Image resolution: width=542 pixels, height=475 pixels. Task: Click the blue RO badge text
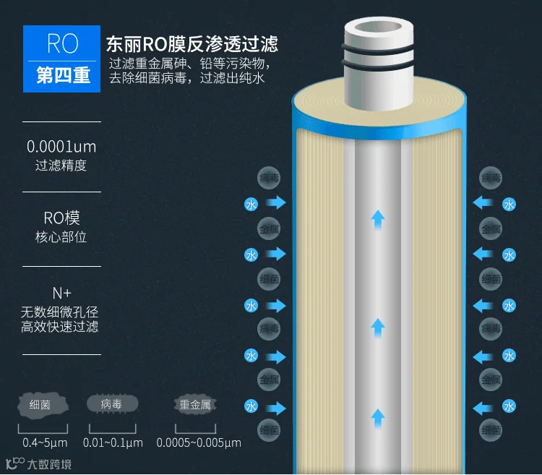coord(62,43)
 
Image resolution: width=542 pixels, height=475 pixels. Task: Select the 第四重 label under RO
coord(62,75)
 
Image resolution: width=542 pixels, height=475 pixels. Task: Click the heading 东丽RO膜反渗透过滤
coord(191,43)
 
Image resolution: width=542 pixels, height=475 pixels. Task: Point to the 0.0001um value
coord(61,147)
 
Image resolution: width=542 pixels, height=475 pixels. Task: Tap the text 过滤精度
coord(61,166)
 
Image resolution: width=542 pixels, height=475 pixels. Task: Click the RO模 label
coord(61,218)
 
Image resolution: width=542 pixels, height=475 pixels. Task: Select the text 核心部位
coord(61,236)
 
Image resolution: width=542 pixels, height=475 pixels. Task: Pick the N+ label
coord(61,293)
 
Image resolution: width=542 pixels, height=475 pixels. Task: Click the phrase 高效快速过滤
coord(61,326)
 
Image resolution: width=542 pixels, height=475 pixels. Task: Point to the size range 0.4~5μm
coord(45,442)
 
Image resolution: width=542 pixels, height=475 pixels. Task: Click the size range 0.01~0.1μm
coord(113,442)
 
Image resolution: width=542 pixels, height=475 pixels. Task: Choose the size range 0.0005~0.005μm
coord(199,442)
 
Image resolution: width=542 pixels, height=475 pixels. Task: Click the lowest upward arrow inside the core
coord(377,416)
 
